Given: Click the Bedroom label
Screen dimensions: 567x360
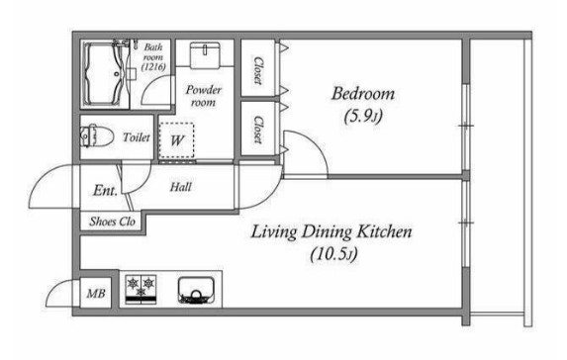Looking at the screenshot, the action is (x=363, y=94).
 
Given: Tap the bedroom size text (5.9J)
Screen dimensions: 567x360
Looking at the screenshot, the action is (x=363, y=117).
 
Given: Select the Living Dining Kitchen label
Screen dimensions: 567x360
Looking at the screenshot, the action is (x=331, y=232).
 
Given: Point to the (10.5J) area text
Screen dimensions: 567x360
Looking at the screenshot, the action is (x=333, y=254).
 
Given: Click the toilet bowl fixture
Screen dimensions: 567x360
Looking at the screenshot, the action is (x=97, y=136).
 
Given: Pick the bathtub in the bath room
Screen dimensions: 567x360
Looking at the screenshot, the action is (x=106, y=74).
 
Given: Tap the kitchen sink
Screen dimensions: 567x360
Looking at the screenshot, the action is (x=196, y=291).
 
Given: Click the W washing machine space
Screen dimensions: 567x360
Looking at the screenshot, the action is (x=176, y=140).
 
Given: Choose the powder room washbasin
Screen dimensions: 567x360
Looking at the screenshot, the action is (x=205, y=54).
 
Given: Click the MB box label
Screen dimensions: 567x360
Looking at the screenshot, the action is (x=96, y=293).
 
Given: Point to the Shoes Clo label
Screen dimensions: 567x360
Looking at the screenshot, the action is (x=113, y=222).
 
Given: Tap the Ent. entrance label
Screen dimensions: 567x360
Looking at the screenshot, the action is (x=105, y=190).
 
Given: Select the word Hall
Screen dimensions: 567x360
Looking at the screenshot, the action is (x=181, y=187).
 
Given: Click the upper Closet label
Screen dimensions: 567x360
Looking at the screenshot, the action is (x=258, y=70).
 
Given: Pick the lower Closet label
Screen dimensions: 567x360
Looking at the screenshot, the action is (x=258, y=130).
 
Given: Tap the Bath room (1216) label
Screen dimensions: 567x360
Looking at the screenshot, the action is (x=153, y=56).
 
